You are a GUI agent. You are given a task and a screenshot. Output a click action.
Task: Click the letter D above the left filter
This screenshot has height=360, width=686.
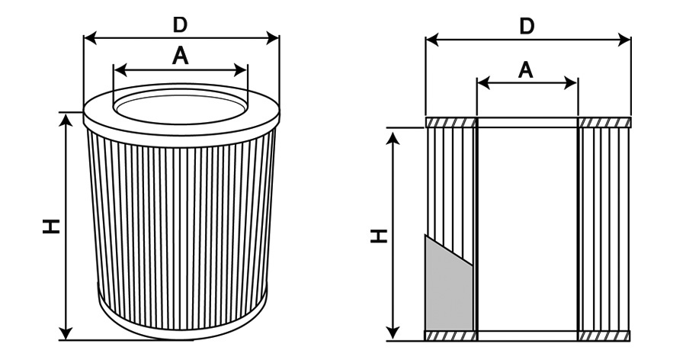click(180, 25)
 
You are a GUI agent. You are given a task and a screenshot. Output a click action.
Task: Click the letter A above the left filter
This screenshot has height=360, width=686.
click(180, 56)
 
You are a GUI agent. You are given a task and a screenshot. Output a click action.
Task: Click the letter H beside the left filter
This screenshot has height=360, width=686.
click(51, 227)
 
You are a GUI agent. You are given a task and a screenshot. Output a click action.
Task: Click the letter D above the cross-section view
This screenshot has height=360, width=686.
click(527, 26)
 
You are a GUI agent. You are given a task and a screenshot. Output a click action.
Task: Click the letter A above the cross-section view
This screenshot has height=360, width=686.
click(525, 70)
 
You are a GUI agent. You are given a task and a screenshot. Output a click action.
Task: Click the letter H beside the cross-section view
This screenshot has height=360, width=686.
click(380, 236)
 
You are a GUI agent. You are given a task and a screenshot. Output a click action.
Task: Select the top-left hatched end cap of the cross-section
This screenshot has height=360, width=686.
click(450, 122)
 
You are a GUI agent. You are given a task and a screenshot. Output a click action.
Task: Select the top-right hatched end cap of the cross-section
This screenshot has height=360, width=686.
click(604, 122)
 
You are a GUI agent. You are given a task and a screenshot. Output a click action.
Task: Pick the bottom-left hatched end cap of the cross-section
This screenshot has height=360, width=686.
click(450, 336)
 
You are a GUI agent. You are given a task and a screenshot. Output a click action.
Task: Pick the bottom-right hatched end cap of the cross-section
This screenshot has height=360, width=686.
click(604, 336)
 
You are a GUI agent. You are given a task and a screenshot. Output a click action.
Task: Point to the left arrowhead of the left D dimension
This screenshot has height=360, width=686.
click(90, 38)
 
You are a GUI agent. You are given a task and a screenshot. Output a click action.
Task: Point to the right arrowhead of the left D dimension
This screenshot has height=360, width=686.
click(273, 38)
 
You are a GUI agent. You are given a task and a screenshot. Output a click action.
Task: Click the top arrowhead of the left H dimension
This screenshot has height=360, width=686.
click(66, 120)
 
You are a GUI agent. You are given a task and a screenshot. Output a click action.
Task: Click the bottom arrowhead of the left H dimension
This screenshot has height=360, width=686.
click(66, 333)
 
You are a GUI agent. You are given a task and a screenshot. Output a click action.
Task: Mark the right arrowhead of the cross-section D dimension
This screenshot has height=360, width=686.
click(624, 40)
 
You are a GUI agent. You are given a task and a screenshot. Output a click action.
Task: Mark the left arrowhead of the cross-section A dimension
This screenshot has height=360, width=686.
click(483, 82)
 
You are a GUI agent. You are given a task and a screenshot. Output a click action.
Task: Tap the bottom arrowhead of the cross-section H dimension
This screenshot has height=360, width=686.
click(394, 334)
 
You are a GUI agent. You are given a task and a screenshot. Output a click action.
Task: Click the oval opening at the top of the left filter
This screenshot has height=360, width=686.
click(181, 107)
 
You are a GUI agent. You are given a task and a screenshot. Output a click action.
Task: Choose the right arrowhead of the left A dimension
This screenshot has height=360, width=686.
click(241, 69)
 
